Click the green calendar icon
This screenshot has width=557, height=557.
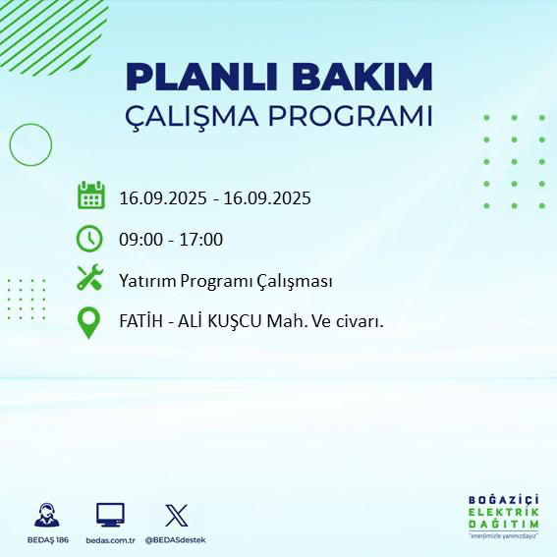90,195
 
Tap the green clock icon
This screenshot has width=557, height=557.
90,238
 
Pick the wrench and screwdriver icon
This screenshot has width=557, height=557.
90,279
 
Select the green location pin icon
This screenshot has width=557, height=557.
90,323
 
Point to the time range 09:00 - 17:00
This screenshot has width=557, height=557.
171,240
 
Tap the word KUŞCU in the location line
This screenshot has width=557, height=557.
241,323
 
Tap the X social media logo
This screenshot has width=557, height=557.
176,515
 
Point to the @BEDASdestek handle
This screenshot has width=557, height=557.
176,540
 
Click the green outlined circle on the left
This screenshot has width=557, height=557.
29,144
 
